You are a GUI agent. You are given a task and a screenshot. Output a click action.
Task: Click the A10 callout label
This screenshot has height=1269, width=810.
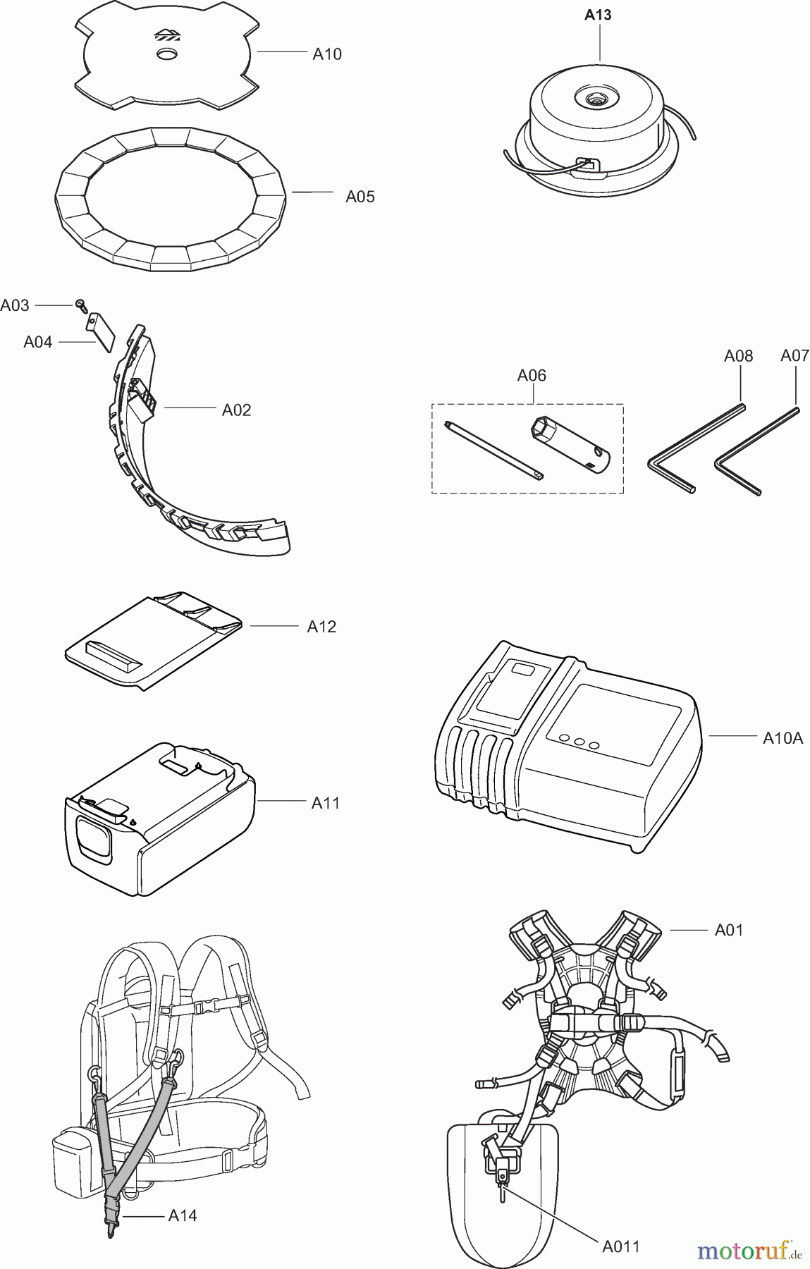tap(327, 54)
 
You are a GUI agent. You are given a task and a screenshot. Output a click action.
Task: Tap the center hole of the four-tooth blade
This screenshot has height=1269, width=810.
tap(167, 54)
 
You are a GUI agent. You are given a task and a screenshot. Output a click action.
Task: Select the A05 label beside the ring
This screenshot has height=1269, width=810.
tap(360, 197)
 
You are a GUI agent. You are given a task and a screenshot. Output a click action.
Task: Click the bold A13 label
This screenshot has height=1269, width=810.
tap(598, 15)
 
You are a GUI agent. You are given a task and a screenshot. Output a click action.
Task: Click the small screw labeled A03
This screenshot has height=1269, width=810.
tap(81, 305)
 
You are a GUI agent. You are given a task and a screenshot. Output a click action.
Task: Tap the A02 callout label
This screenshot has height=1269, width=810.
tap(236, 410)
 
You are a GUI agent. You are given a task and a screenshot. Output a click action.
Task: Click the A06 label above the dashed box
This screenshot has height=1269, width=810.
tap(532, 376)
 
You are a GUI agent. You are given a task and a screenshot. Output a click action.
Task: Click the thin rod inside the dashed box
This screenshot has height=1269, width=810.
tap(494, 450)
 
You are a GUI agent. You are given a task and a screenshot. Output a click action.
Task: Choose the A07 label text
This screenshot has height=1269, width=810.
tap(794, 356)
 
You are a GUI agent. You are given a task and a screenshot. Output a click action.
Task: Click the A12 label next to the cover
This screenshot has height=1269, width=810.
tap(321, 627)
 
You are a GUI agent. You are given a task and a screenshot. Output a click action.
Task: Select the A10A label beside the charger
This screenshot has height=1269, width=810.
tap(783, 738)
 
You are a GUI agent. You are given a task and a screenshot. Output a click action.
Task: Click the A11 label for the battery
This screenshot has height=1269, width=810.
tap(326, 802)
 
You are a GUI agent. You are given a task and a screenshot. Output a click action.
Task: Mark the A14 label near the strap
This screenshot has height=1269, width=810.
tap(183, 1215)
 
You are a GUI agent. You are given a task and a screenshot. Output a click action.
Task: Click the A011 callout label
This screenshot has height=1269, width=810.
tap(620, 1246)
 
